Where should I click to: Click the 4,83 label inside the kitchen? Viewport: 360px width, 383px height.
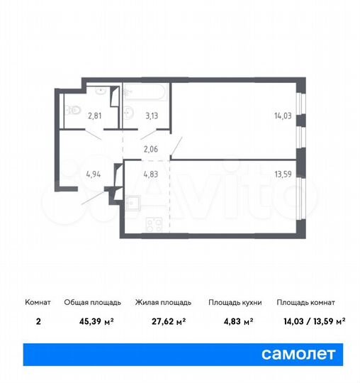click(151, 173)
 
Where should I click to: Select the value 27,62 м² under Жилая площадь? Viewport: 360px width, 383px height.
click(160, 321)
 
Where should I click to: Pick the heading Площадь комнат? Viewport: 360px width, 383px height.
click(306, 302)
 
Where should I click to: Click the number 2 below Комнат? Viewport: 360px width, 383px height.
click(38, 321)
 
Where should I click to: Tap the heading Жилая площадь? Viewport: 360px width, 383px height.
click(161, 302)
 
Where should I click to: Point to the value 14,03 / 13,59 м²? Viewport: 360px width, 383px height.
click(310, 321)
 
